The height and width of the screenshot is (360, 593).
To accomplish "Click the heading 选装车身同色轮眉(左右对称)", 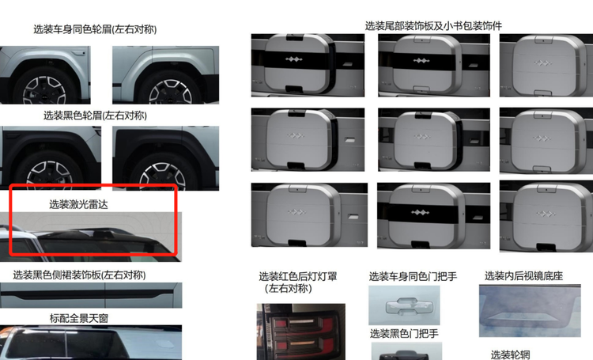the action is coord(95,29).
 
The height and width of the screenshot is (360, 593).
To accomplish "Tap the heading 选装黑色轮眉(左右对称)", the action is coord(95,115).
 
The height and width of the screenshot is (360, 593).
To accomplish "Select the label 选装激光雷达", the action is coord(78,204).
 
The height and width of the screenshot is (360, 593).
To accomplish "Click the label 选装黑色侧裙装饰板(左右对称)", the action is coord(79,275).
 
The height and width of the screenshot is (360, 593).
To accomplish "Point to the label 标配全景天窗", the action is coord(79,318).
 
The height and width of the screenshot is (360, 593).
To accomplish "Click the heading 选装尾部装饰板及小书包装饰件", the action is coord(433,26).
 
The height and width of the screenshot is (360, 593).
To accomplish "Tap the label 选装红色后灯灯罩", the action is coord(298,276).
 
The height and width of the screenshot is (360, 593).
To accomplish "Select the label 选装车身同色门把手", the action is coord(413,276).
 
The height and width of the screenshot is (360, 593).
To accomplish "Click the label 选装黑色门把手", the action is coord(404,334).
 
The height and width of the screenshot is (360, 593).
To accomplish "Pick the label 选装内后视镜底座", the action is coord(523,275).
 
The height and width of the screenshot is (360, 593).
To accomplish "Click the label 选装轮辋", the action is coord(510,354).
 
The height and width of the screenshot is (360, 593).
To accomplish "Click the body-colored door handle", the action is coord(404,306).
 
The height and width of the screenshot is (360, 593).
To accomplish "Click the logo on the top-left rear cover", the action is coord(293,59).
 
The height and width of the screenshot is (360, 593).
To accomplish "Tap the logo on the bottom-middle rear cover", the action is coord(420,212).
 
